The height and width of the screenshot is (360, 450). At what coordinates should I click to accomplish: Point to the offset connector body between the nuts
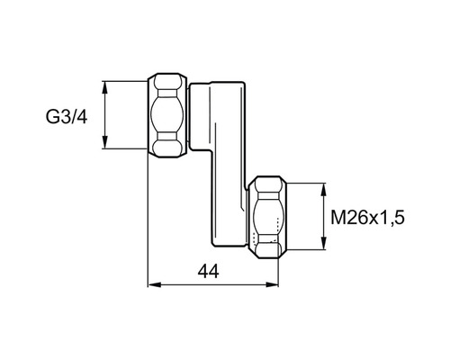pyautogui.click(x=220, y=135)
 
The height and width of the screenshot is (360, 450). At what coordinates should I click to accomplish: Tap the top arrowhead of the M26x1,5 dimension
pyautogui.click(x=322, y=187)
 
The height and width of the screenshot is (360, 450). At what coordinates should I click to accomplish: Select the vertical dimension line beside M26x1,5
pyautogui.click(x=322, y=219)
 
